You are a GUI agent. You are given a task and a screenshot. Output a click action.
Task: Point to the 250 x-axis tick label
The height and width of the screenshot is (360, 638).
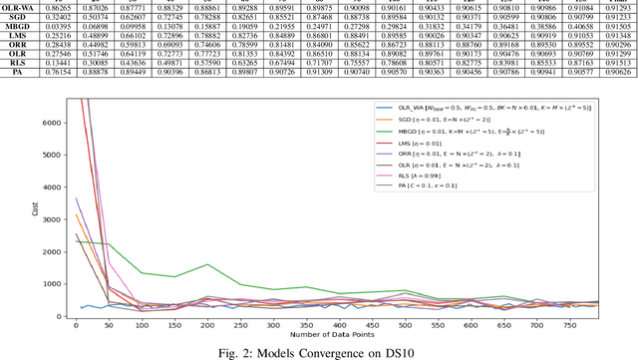(240, 325)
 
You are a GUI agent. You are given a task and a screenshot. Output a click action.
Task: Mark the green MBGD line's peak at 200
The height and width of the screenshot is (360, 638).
(207, 264)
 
